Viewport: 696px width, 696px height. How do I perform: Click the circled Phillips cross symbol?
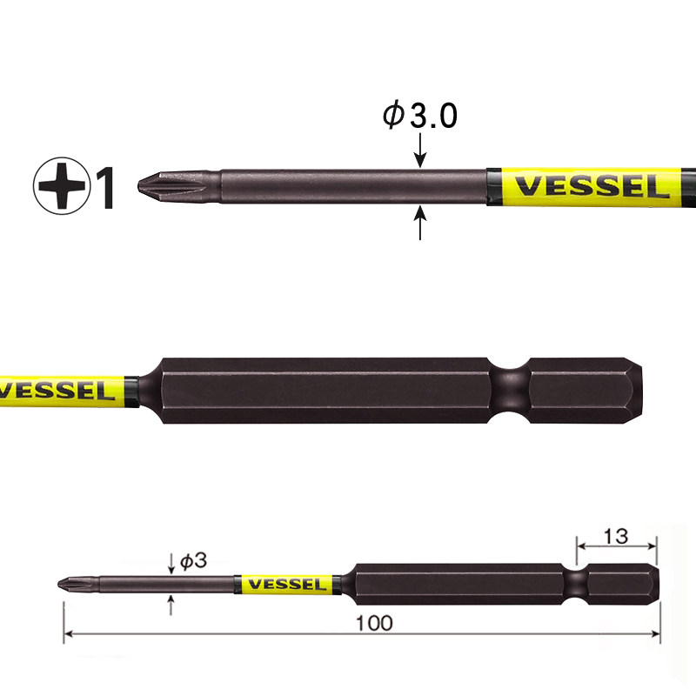(61, 185)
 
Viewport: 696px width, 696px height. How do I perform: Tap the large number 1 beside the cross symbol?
(104, 187)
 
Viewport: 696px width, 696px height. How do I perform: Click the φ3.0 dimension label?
(419, 115)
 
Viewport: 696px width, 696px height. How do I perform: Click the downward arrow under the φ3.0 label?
(420, 150)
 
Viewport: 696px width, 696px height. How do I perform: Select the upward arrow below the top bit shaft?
(420, 223)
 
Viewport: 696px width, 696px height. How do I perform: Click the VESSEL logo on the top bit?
(592, 187)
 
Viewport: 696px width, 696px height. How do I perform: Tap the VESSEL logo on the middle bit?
(56, 391)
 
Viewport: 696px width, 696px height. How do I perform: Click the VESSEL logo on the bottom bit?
(287, 584)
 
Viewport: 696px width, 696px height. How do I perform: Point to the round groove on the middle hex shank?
(511, 390)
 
